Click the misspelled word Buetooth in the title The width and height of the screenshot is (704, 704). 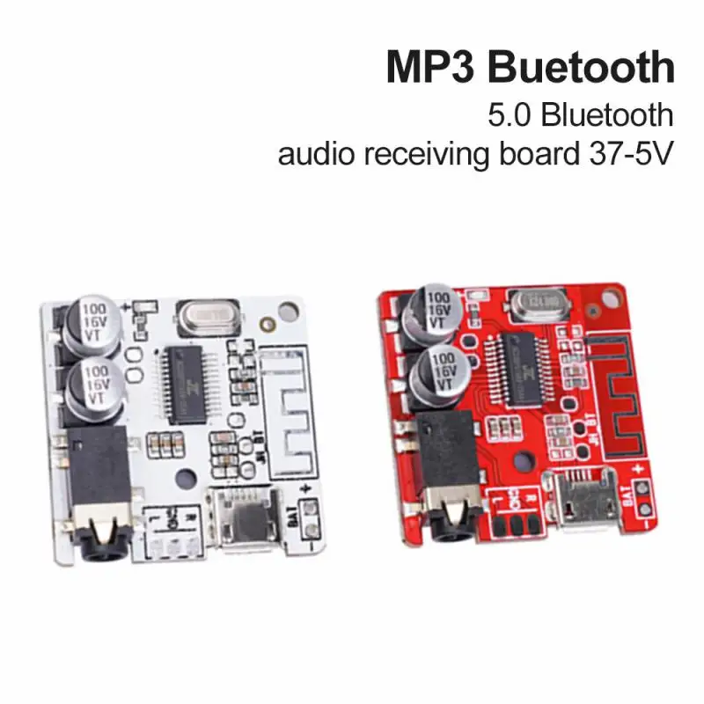[x=583, y=69]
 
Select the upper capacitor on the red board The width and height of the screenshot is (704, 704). [x=430, y=310]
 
